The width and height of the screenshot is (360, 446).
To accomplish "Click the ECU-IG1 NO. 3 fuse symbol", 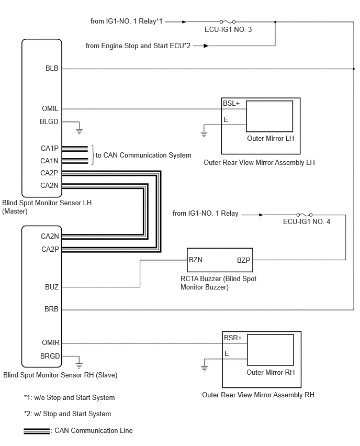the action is coord(228,21).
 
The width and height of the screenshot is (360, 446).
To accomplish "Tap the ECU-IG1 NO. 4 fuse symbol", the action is coord(305,215).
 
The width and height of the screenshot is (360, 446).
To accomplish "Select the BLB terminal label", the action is coord(52,68).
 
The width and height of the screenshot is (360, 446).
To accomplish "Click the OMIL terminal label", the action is coord(50,108).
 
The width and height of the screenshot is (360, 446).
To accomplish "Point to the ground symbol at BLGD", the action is coord(79,131).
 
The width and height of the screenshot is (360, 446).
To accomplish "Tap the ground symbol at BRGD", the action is coord(79,365).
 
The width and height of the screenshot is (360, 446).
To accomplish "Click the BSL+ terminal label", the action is coord(231,103).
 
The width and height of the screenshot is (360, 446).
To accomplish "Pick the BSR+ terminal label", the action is coord(233,338).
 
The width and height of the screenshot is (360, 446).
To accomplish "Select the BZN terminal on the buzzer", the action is coord(196,260).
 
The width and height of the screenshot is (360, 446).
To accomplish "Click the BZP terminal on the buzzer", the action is coord(244,260).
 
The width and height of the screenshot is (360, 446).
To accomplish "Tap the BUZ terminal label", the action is coord(52,287).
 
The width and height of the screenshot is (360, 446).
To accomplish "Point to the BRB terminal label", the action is coord(51,309).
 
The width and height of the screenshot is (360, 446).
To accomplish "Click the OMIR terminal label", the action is coord(51,342).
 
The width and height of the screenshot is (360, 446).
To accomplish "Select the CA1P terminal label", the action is coord(50,148).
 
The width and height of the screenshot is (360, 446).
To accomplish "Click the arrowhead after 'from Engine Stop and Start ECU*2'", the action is coord(206,46).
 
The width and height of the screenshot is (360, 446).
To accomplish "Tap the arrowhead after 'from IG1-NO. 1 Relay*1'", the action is coord(184,21).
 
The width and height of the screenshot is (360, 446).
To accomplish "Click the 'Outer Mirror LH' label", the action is coord(271,139).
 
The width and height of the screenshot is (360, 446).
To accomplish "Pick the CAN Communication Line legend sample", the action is coord(37,431).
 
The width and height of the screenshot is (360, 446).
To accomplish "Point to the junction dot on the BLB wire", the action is coord(354,69).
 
